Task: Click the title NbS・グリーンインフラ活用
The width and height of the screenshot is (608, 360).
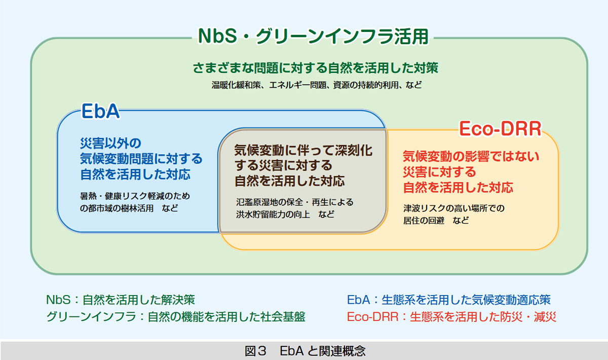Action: coord(313,37)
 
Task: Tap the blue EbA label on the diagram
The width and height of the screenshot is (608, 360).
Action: coord(101,112)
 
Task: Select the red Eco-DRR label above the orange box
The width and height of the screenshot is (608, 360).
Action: coord(500,129)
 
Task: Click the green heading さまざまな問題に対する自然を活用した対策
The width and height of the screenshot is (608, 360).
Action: coord(315,67)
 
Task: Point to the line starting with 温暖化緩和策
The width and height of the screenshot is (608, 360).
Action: coord(317,85)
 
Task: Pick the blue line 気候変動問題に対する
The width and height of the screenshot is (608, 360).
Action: coord(141,158)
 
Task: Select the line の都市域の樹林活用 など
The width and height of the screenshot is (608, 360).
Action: coord(129,208)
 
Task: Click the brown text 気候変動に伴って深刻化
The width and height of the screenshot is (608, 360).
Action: coord(303,151)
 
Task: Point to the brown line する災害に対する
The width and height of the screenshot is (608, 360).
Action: coord(283,166)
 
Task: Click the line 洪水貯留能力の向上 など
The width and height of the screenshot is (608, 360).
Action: coord(285,214)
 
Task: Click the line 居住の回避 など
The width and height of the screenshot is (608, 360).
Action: coord(436,221)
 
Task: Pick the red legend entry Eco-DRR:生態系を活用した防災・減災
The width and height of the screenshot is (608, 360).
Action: coord(451,317)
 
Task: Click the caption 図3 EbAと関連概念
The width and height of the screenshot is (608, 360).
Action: coord(304,350)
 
